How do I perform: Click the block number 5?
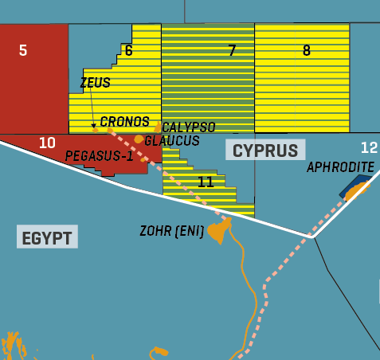coord(23,50)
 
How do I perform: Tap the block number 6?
coord(128,51)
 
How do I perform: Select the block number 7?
coord(232,51)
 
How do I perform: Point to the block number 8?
coord(307,51)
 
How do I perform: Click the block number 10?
coord(47,143)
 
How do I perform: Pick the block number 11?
coord(206,182)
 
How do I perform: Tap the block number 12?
coord(369,147)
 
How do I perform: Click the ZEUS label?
coord(95,83)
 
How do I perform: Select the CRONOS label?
coord(125,122)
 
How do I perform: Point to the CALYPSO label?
coord(188,127)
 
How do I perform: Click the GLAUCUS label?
coord(172,140)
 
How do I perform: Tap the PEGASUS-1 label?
coord(99,155)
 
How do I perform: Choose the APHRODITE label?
coord(340,166)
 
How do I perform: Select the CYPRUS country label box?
coord(265,150)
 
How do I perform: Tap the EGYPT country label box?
coord(47,237)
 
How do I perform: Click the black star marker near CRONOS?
coord(93,125)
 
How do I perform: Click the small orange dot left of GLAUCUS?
coord(139,139)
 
